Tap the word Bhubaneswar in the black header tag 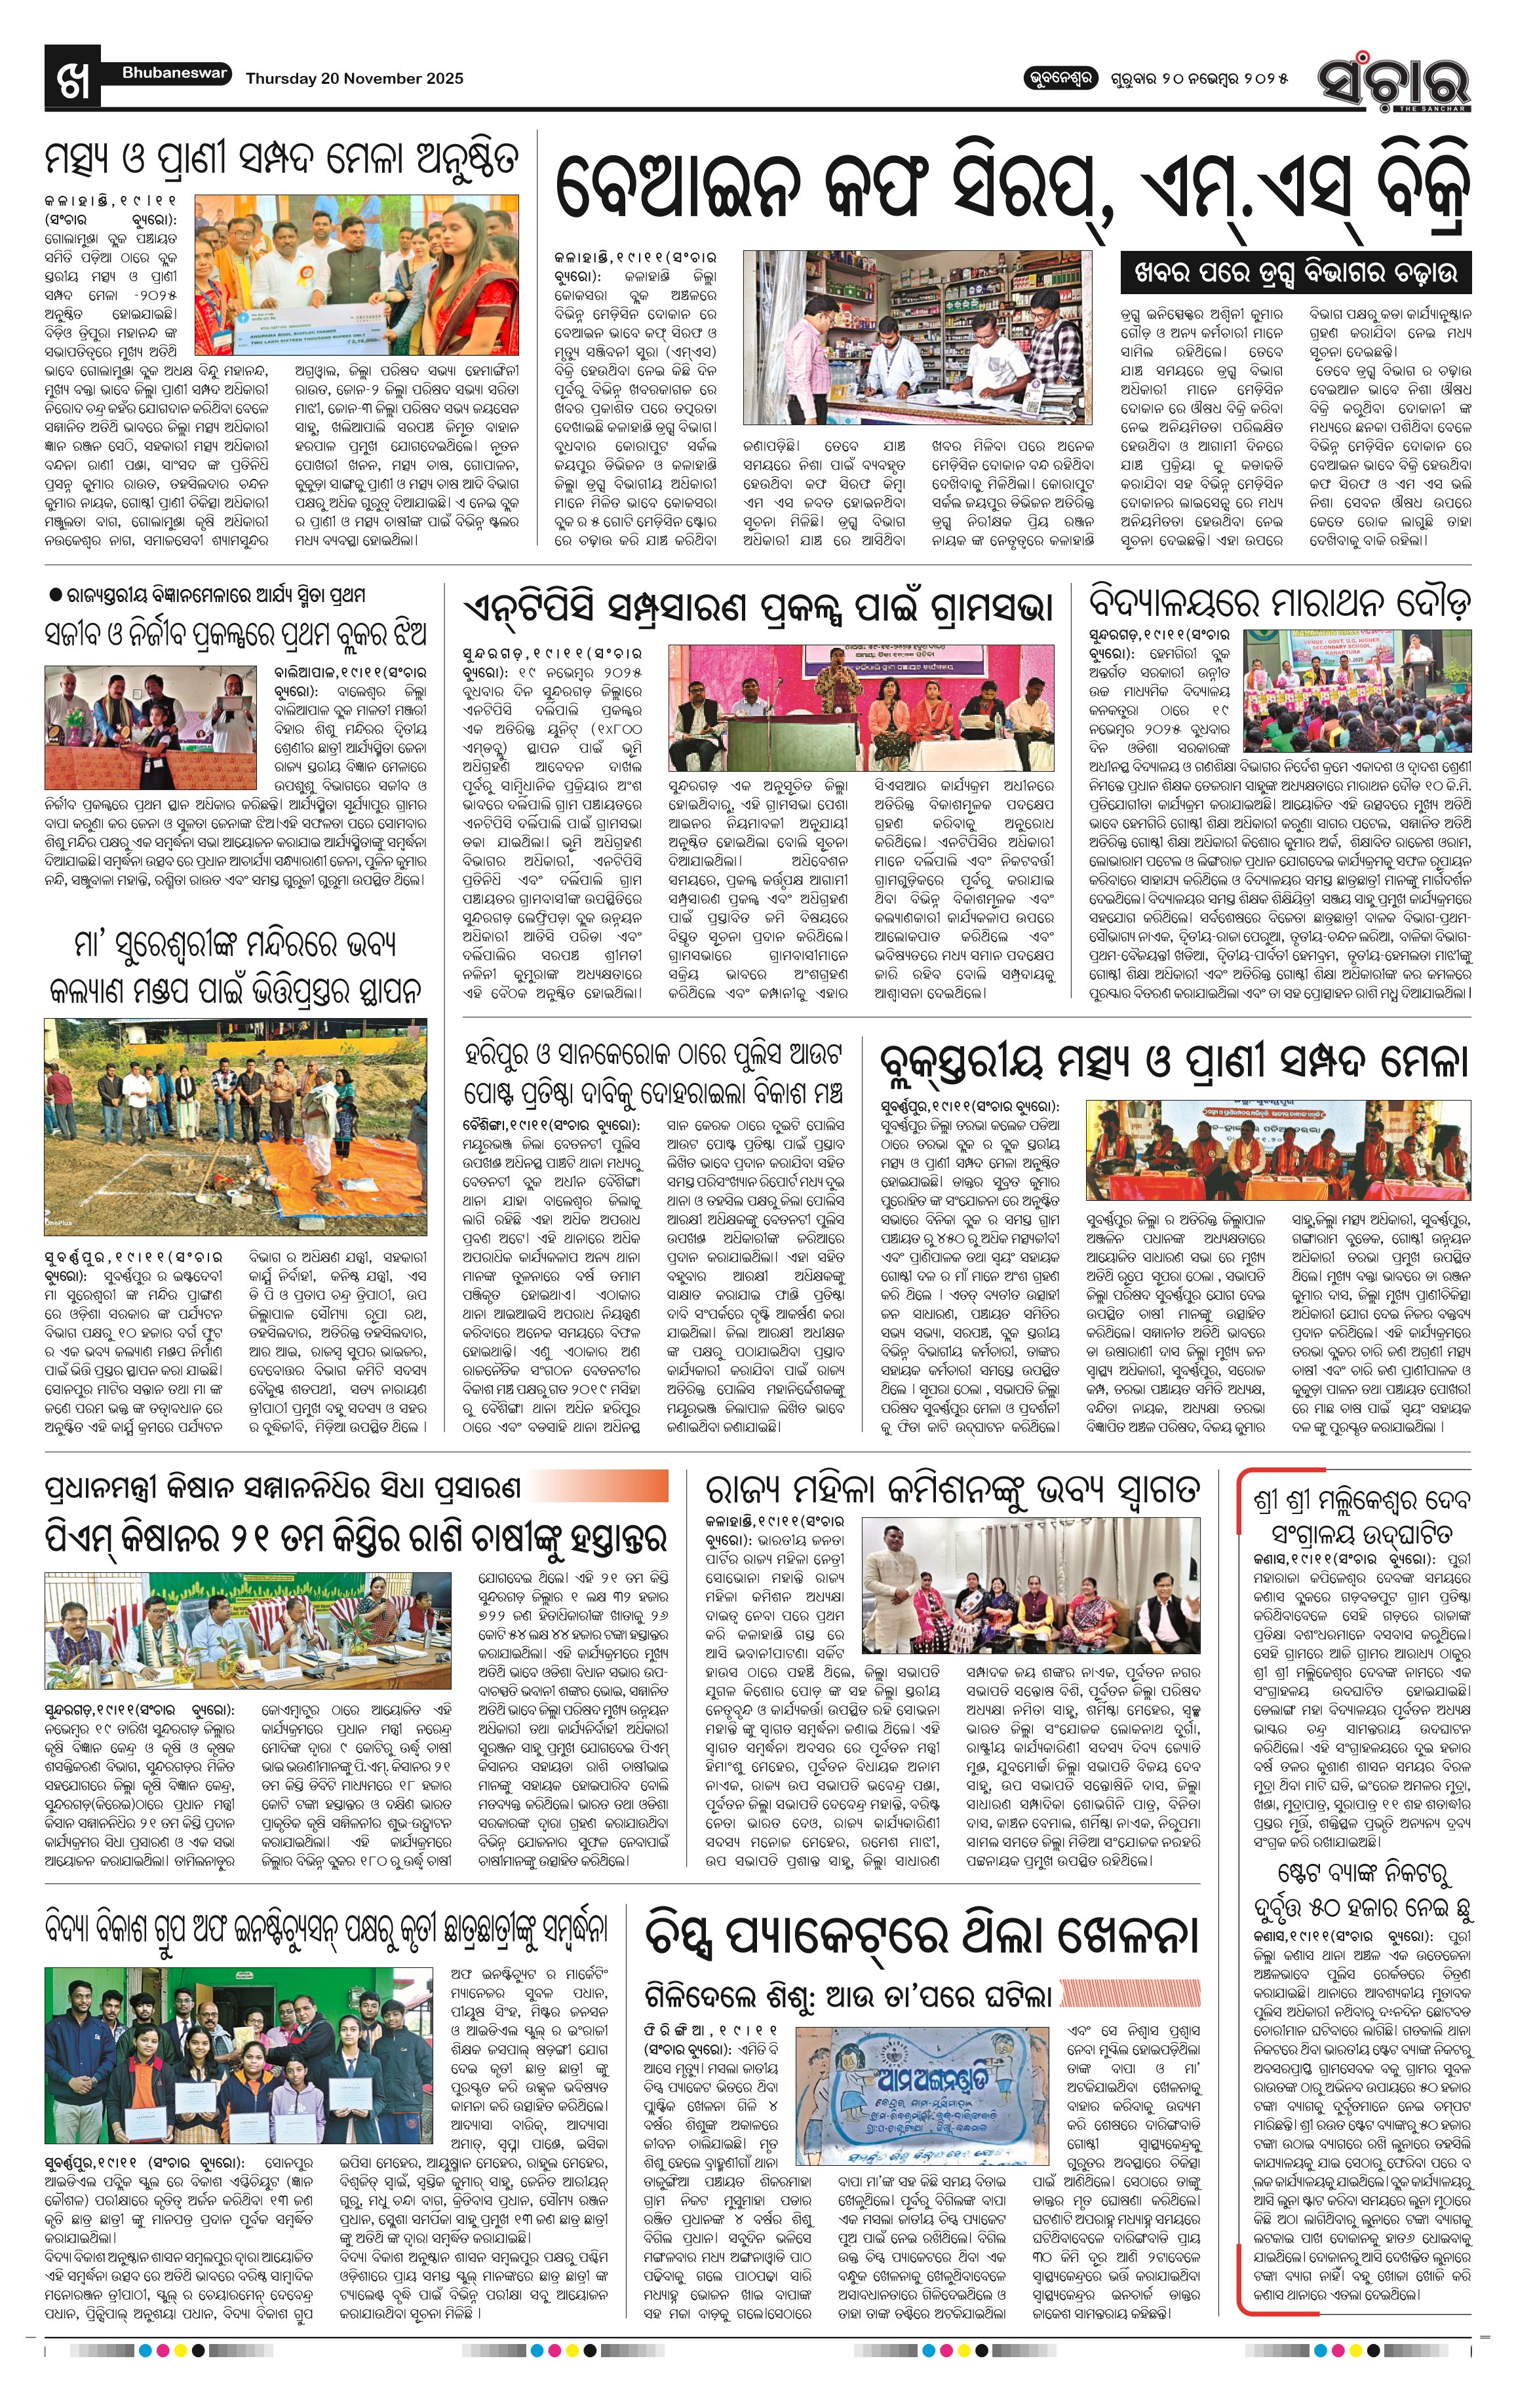coord(175,73)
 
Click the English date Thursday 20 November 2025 coord(355,78)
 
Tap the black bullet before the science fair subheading coord(56,594)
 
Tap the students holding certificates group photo coord(237,2047)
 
